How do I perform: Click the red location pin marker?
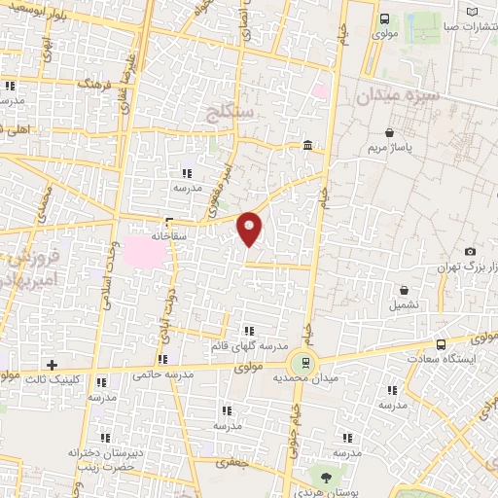[250, 228]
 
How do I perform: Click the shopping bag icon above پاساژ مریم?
[390, 133]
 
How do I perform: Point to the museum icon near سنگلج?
[307, 146]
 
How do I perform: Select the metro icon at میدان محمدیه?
[306, 364]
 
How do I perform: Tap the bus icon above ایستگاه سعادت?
[442, 344]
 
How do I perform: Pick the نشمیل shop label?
[404, 304]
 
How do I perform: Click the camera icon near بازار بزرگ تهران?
[471, 252]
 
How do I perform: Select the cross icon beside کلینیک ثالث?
[52, 364]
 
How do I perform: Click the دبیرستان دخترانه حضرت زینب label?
[103, 458]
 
